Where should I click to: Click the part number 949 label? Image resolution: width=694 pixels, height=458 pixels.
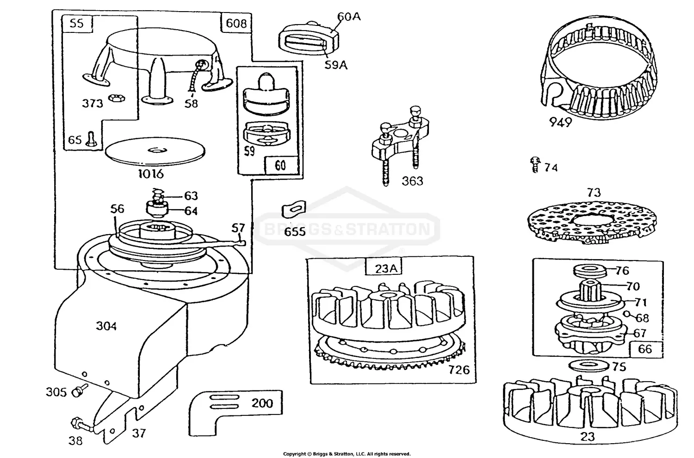coord(560,122)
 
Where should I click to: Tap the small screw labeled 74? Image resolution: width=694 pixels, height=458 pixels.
coord(536,165)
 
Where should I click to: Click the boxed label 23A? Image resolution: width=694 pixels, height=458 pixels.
coord(384,268)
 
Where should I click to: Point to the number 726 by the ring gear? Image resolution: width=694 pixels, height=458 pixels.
coord(459,370)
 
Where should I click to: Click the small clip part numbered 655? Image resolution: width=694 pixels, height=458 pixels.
coord(294,209)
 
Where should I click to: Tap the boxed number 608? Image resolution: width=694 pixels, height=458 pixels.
coord(236,23)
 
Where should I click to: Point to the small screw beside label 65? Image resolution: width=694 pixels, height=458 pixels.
coord(91,139)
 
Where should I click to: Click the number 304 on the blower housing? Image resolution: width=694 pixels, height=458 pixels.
coord(106,326)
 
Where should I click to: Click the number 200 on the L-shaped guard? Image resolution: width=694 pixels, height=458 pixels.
coord(262,403)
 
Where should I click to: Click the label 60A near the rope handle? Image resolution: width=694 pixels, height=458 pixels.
coord(349,17)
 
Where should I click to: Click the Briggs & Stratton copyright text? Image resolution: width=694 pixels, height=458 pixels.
coord(347,454)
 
